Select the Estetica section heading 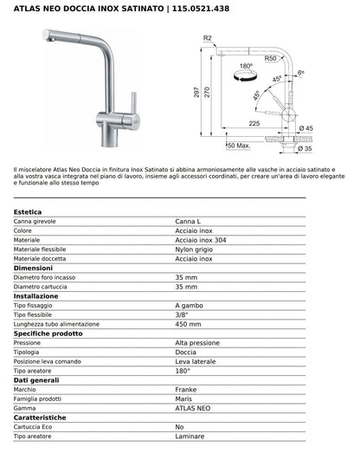click(x=29, y=212)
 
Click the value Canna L click(x=190, y=222)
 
